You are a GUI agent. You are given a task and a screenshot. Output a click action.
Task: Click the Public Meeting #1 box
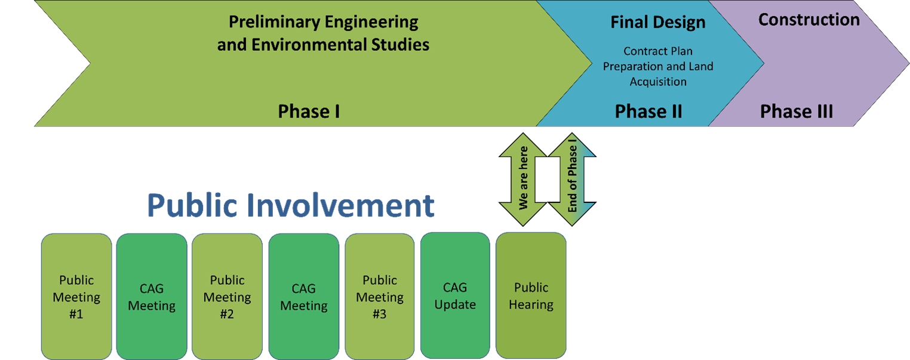76,297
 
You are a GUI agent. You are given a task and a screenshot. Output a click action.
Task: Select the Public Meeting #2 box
227,297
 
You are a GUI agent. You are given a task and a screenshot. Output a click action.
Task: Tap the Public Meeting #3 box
379,297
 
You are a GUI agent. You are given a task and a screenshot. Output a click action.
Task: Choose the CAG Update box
455,296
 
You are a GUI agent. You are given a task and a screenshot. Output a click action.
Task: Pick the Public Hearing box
531,296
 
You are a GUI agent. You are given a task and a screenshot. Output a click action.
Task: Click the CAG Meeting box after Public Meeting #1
152,297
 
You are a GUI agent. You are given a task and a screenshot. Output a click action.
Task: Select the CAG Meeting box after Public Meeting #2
303,297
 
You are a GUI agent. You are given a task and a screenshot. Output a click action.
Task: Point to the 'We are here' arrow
523,179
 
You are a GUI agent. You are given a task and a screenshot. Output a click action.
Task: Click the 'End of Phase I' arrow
572,179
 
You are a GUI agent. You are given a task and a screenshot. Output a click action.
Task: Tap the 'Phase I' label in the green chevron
309,111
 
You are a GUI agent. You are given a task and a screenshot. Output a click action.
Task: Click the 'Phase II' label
648,111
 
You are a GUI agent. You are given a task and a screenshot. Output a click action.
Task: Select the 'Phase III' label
797,111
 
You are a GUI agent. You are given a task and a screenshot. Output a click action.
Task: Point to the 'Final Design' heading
657,22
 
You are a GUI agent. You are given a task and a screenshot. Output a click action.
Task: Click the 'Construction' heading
809,20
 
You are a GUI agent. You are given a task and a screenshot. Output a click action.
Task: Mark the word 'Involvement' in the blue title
340,205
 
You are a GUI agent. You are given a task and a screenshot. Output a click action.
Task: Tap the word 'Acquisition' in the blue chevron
658,82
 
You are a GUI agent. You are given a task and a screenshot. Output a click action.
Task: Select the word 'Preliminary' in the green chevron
274,22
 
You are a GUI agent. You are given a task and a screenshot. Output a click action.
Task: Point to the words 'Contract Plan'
658,51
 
